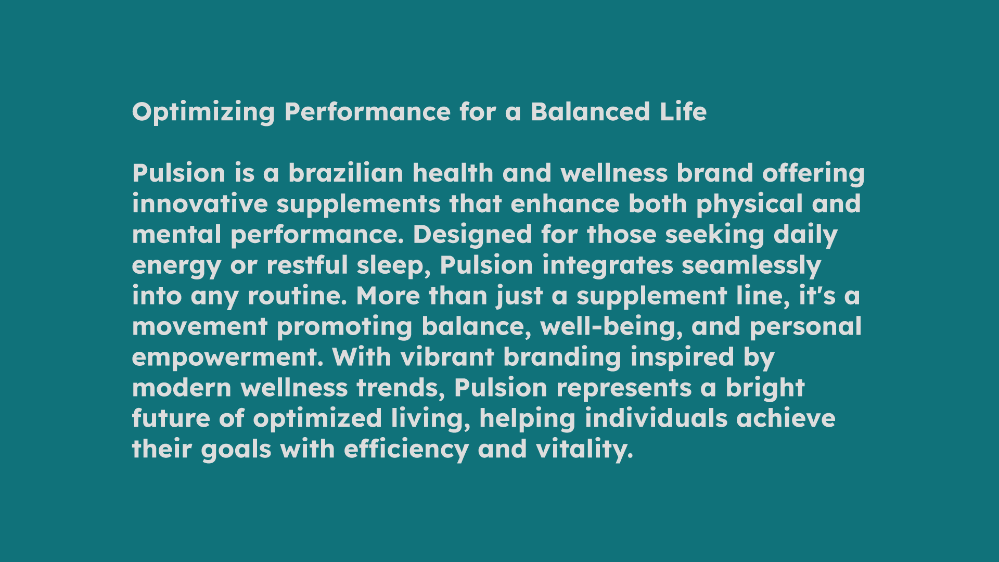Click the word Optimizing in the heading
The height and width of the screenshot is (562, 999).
pos(203,112)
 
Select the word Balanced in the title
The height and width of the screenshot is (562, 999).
pos(590,111)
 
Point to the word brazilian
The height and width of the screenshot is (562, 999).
pos(346,173)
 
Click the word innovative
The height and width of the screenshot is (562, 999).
pos(200,203)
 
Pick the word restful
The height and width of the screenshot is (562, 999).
pos(307,265)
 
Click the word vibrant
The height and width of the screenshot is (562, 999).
pos(447,357)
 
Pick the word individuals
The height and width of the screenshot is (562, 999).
pos(656,418)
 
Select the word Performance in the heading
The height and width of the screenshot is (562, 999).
pos(367,111)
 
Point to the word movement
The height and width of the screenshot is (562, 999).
pos(200,326)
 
